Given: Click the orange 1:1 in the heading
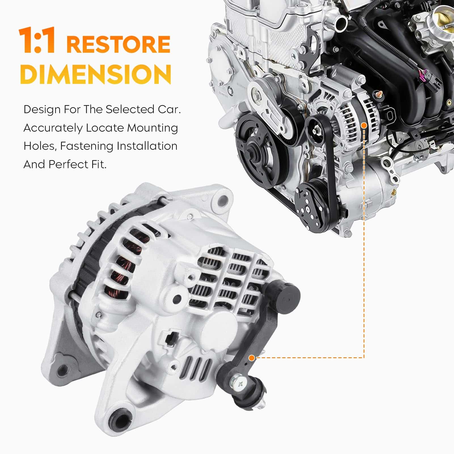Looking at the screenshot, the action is (x=37, y=41).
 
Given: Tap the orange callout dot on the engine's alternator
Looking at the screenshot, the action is (x=364, y=125).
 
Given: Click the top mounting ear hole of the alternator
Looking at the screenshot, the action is (x=223, y=199).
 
